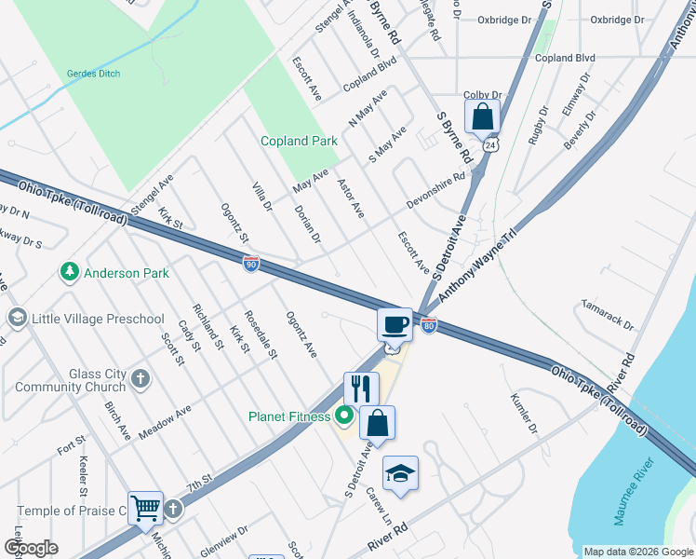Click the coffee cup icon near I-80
[x=395, y=325]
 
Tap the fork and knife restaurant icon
[x=361, y=389]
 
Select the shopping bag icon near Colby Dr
[x=482, y=117]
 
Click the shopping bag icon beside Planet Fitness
[x=377, y=423]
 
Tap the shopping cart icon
[x=145, y=509]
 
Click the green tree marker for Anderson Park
[x=69, y=272]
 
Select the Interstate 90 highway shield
[x=251, y=265]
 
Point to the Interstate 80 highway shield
[x=428, y=325]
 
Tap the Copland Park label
[x=299, y=142]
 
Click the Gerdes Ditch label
[x=95, y=74]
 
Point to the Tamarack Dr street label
[x=608, y=315]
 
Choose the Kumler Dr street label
[x=524, y=414]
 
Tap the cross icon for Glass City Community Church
[x=140, y=378]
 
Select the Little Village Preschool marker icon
[x=17, y=319]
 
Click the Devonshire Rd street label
[x=435, y=190]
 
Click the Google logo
[x=31, y=548]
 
